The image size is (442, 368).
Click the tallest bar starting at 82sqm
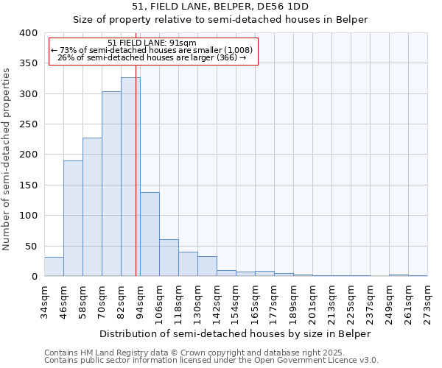pos(130,177)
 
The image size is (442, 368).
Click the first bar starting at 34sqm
pos(54,266)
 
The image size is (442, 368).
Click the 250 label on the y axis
pos(28,124)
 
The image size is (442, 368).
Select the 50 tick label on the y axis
pos(31,247)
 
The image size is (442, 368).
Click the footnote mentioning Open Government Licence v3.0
pos(211,361)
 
